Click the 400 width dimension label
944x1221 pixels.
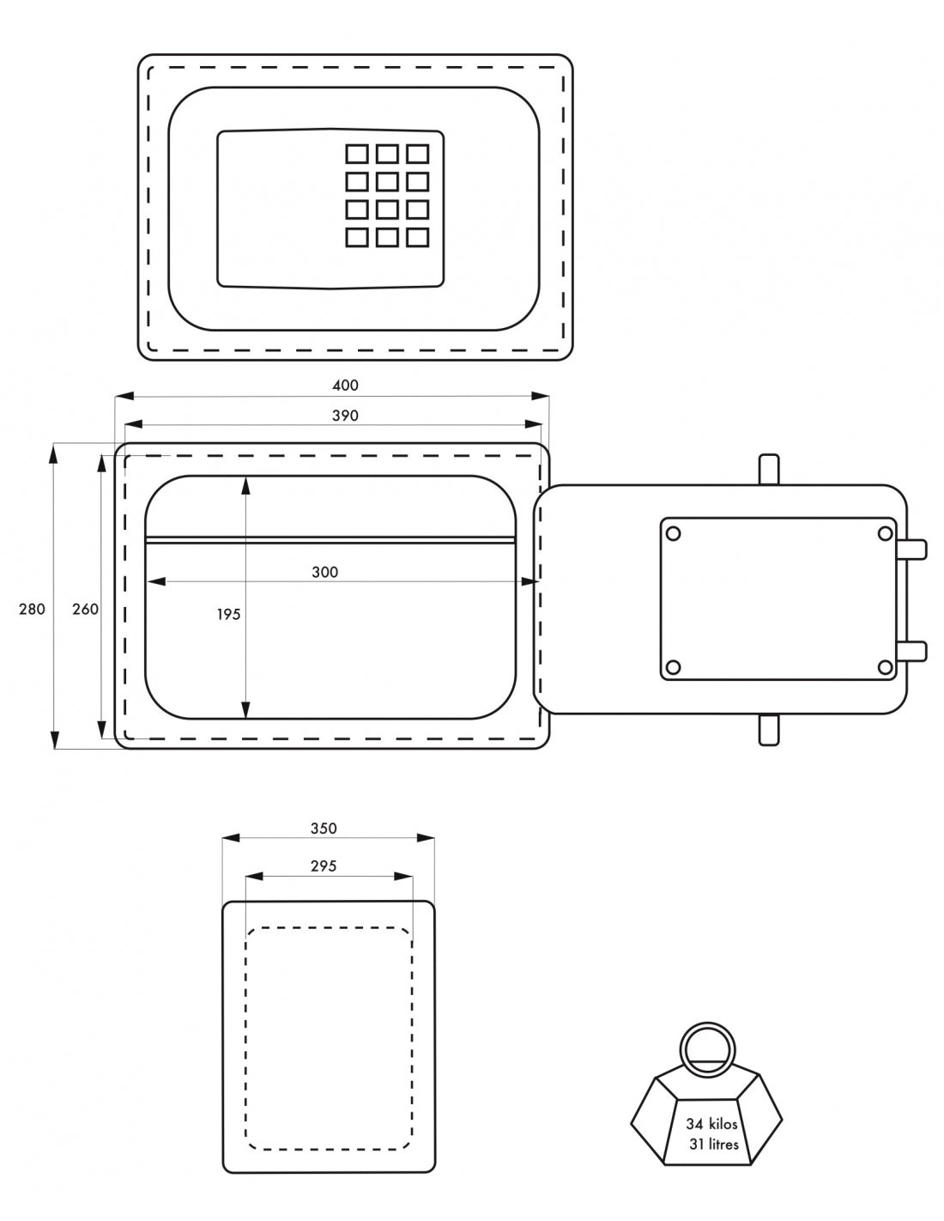[345, 385]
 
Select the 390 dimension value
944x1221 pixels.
[345, 415]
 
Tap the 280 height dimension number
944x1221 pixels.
[32, 609]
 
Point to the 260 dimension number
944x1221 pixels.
[85, 609]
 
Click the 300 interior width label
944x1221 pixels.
[325, 572]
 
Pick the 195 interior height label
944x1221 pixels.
[228, 614]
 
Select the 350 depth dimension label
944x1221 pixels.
[324, 829]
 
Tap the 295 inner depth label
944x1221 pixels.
[324, 866]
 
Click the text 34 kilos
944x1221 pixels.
[711, 1123]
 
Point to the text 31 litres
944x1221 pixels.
[713, 1144]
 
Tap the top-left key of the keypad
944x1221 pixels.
[357, 154]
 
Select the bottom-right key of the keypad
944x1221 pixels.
[418, 236]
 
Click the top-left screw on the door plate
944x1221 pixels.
[674, 534]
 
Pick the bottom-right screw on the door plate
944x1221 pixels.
[885, 667]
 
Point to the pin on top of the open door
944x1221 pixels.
[769, 470]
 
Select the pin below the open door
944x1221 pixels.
[769, 729]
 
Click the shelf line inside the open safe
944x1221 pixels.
[330, 539]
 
